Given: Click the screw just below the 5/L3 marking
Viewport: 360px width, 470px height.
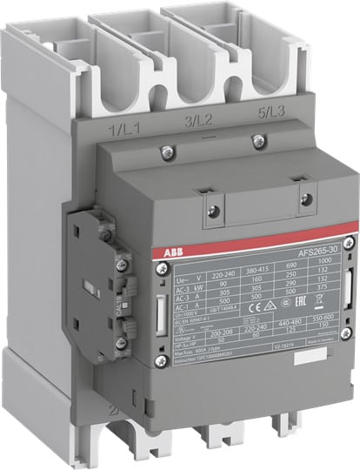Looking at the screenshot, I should tap(256, 141).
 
